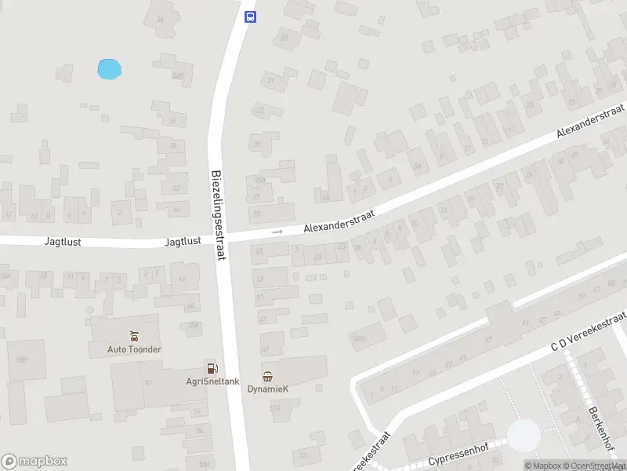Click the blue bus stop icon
(x=250, y=16)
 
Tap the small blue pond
(x=109, y=69)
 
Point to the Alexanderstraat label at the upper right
(x=589, y=122)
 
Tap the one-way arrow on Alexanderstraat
(x=277, y=232)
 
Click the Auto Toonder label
(x=135, y=349)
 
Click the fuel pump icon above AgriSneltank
(x=211, y=367)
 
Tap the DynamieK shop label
(x=268, y=389)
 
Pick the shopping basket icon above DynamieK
(x=268, y=375)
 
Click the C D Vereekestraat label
(x=588, y=329)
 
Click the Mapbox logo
(x=34, y=461)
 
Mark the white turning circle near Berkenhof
(x=524, y=436)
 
